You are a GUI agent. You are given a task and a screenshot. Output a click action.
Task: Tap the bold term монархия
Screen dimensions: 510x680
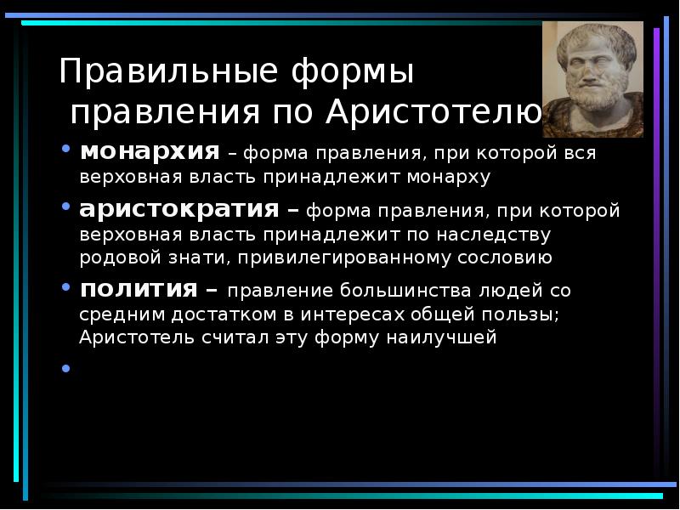click(x=149, y=153)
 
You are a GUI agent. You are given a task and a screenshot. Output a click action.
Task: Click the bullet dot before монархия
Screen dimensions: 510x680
click(x=66, y=151)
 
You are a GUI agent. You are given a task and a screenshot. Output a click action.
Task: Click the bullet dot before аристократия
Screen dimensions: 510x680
click(x=66, y=207)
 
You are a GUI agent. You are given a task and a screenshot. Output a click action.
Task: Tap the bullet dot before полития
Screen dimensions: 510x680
click(x=66, y=287)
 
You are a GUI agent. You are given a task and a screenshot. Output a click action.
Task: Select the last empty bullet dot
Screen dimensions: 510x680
click(x=66, y=368)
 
